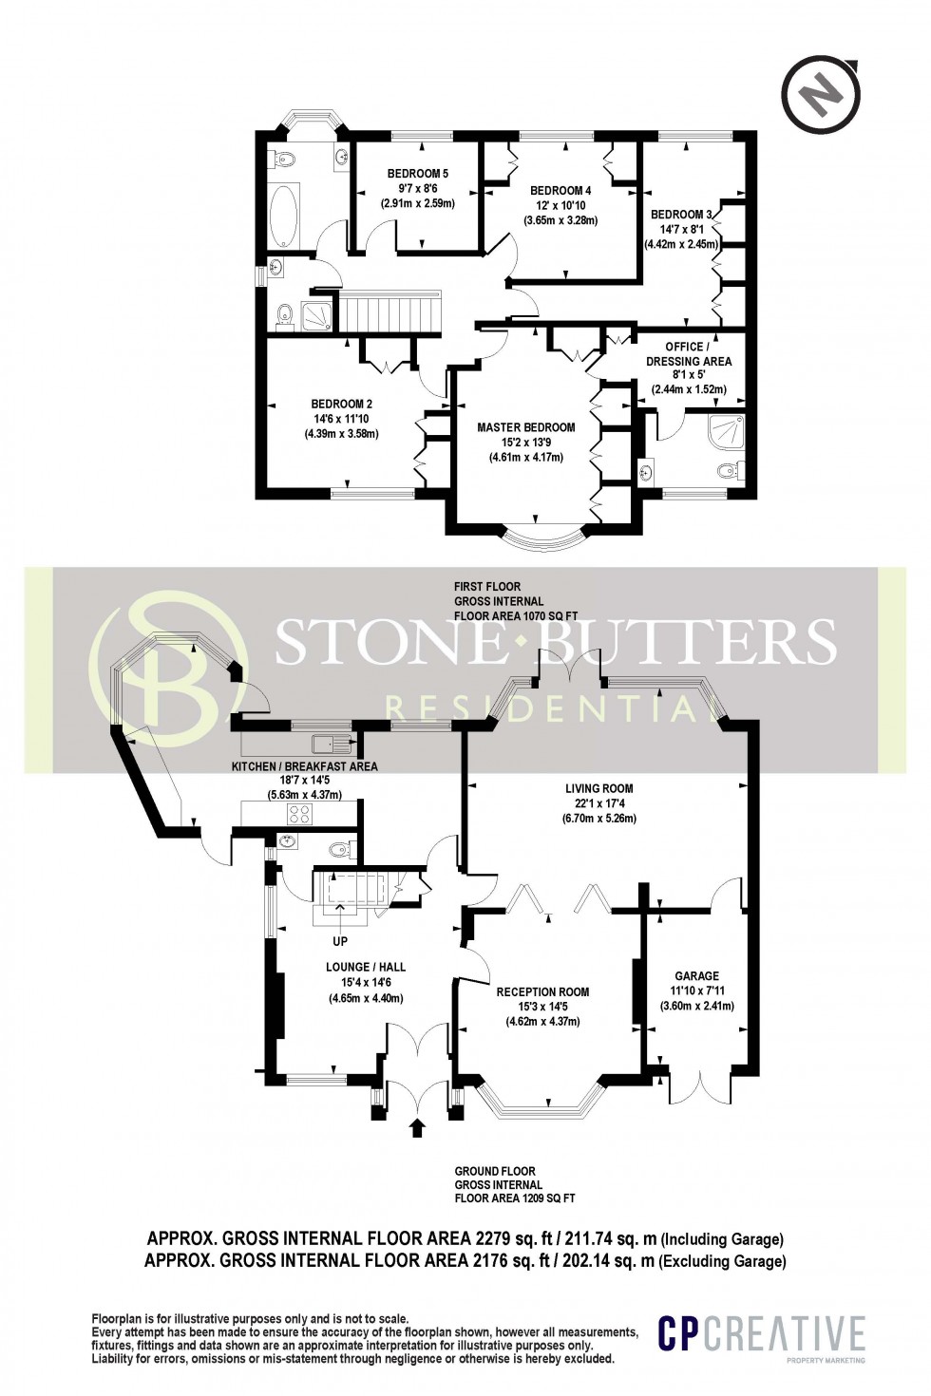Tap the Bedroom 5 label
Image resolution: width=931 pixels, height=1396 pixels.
(x=417, y=174)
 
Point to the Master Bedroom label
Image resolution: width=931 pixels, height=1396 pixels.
(x=525, y=427)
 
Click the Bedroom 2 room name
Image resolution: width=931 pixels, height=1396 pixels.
(x=342, y=405)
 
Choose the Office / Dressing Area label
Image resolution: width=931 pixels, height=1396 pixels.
(x=689, y=353)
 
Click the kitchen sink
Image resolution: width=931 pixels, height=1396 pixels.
(x=328, y=742)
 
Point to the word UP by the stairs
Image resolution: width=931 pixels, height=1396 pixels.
(x=340, y=942)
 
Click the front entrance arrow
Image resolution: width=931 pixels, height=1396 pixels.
(x=415, y=1128)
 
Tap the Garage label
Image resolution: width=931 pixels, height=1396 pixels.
(x=697, y=975)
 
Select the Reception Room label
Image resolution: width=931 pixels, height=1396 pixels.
(x=542, y=991)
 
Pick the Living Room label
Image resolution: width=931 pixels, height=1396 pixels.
(x=598, y=788)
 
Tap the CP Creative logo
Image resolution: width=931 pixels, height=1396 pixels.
(x=763, y=1335)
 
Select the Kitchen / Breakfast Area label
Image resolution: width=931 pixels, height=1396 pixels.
(x=304, y=766)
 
